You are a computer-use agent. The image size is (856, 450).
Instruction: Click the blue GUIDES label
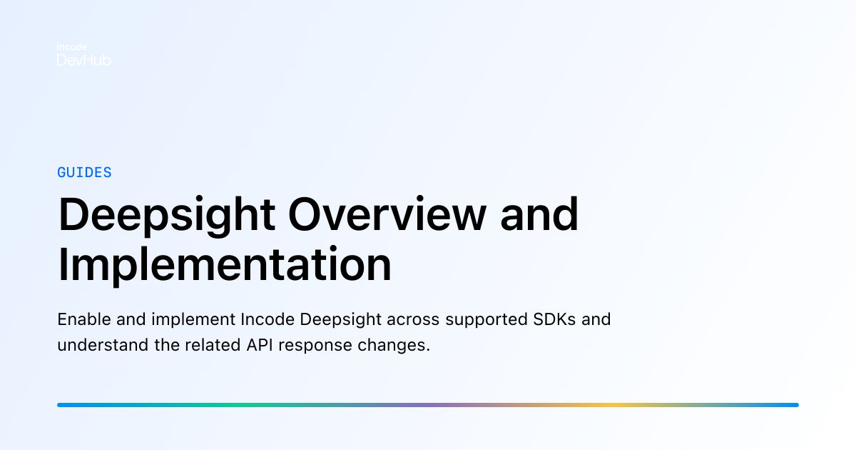coord(84,172)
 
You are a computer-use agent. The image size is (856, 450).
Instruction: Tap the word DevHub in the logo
coord(83,61)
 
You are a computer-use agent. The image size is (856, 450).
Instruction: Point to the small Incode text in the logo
coord(71,47)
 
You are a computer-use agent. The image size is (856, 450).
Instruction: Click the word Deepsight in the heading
coord(165,215)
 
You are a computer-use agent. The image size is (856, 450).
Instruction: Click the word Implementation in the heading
coord(225,265)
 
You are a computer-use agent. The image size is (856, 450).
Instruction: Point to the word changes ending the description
coord(396,346)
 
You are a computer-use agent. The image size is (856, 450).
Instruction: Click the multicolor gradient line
coord(428,405)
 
